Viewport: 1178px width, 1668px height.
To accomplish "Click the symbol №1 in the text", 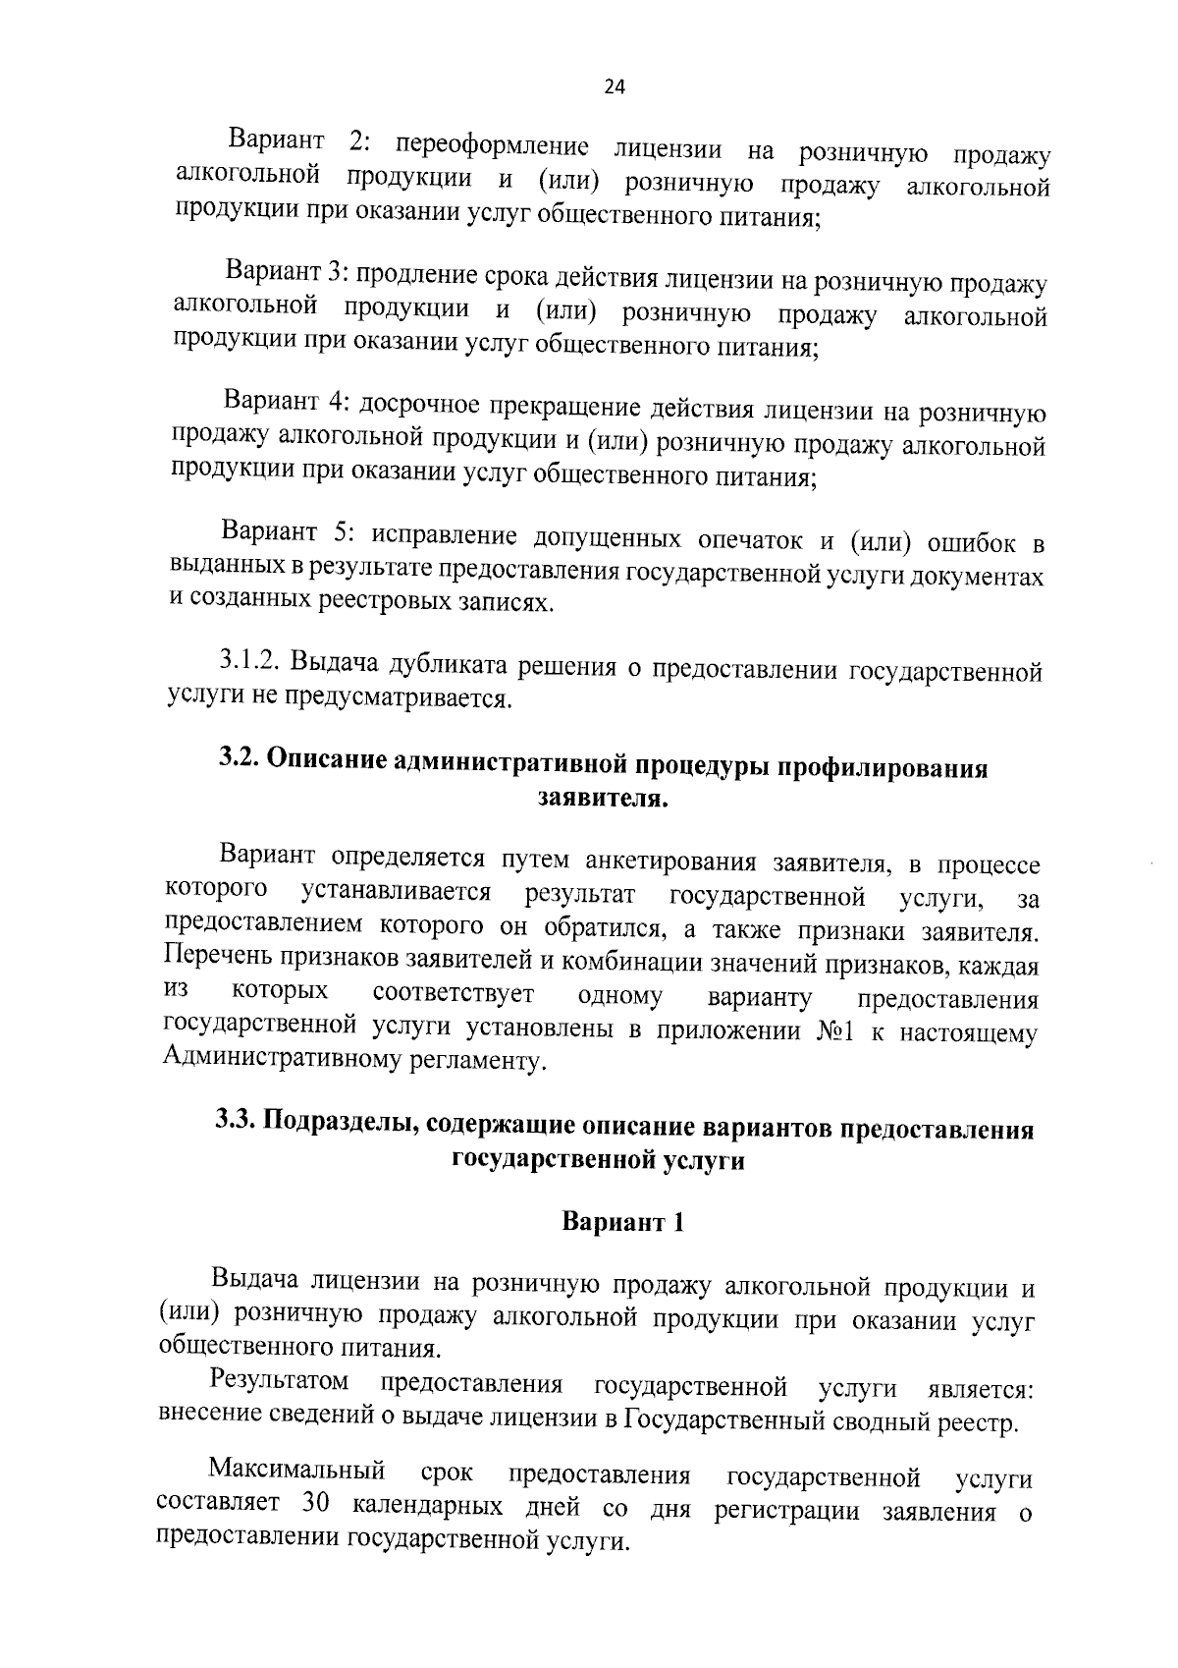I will (835, 1031).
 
